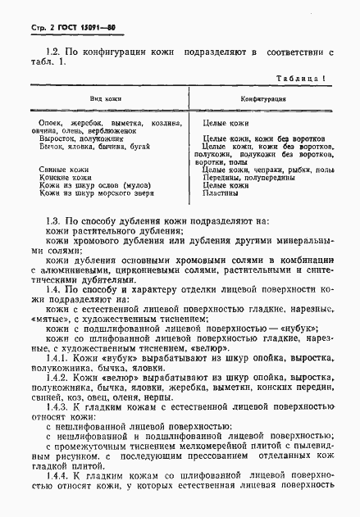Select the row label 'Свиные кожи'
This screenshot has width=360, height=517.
click(x=64, y=169)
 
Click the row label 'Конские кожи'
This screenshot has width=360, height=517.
click(x=66, y=178)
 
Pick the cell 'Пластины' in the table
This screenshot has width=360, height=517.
click(x=221, y=194)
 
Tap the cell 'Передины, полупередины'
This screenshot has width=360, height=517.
click(x=244, y=178)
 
